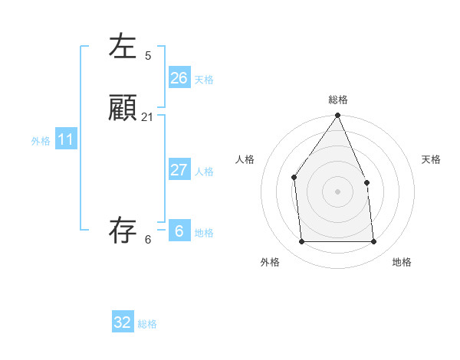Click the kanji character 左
point(123,46)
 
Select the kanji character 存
point(123,231)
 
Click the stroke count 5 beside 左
point(148,55)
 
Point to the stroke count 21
point(147,117)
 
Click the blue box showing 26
point(179,78)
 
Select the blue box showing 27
point(179,170)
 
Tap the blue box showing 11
point(66,140)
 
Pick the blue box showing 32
point(123,322)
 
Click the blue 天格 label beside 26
point(204,80)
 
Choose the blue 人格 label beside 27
point(204,172)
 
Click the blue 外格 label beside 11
point(41,141)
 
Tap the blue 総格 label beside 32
point(147,324)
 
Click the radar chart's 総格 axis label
point(337,100)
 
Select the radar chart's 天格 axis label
point(431,159)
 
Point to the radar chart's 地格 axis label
point(402,262)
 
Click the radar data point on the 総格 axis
point(337,116)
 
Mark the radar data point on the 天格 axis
point(366,182)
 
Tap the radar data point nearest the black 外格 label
point(301,242)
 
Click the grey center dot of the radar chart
point(337,191)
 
